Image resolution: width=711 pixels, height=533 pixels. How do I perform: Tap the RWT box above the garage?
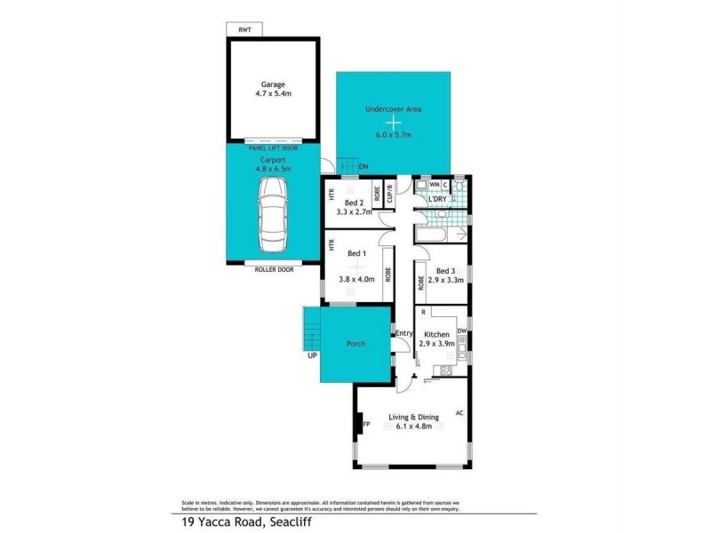(244, 30)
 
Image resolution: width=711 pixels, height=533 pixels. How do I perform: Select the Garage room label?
(273, 85)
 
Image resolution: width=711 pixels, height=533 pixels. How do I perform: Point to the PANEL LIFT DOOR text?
(273, 148)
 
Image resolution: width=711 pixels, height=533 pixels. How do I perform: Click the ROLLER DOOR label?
(273, 267)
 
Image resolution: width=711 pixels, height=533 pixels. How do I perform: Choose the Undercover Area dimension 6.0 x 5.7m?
(394, 137)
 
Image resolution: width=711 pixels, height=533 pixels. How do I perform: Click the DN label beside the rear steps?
(363, 166)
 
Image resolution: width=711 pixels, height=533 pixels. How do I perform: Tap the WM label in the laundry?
(435, 185)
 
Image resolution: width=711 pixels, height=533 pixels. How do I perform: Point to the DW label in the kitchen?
(462, 331)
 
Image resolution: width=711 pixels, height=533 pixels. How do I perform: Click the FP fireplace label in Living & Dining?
(365, 426)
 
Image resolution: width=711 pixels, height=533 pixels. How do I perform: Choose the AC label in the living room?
(459, 413)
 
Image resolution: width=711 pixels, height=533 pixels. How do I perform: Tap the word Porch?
(355, 344)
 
